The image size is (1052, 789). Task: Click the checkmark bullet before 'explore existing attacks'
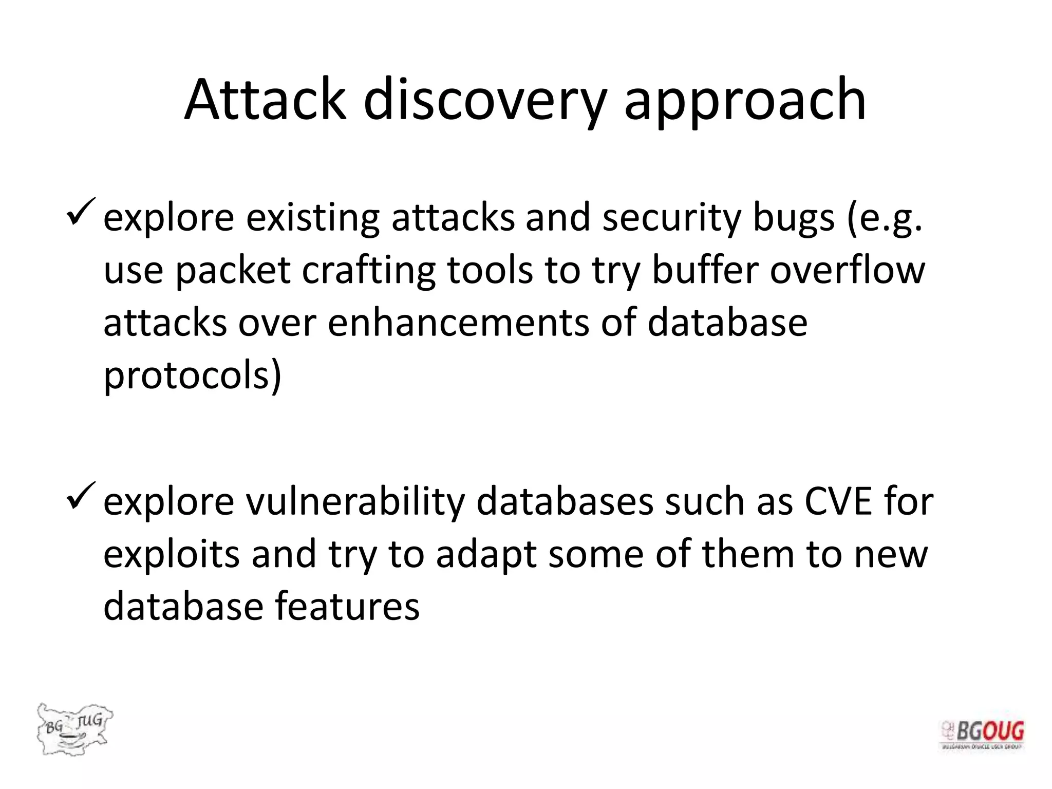click(81, 211)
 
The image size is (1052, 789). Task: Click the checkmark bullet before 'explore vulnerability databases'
click(81, 495)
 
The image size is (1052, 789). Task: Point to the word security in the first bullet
click(671, 218)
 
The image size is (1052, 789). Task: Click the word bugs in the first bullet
click(793, 218)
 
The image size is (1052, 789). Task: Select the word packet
click(233, 271)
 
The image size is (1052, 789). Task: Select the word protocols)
click(192, 376)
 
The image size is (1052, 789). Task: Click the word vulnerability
click(355, 502)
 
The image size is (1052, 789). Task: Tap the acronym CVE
click(838, 502)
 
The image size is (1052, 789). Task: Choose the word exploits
click(171, 555)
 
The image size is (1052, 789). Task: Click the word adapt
click(486, 555)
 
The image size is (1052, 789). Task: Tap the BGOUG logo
click(982, 734)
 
